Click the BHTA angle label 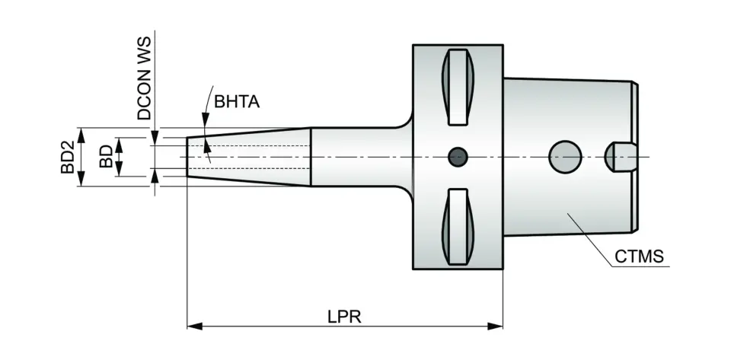237,102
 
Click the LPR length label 346,316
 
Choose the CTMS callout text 640,257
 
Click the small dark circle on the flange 458,157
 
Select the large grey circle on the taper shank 566,157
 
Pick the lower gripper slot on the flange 458,226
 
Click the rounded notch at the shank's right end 621,157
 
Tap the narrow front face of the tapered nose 188,158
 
